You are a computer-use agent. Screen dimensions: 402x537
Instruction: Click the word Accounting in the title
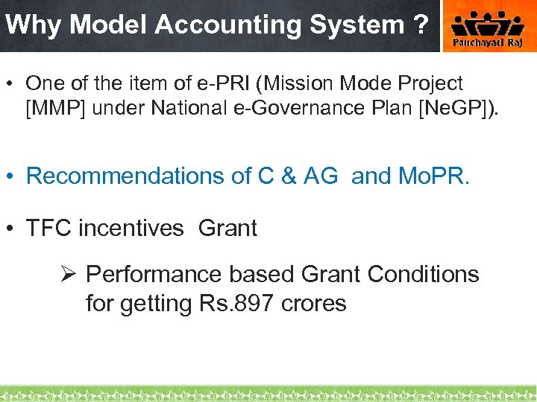click(x=227, y=25)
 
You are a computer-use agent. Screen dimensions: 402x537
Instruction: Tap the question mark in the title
click(x=418, y=25)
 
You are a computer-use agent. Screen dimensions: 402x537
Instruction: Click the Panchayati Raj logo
click(x=489, y=27)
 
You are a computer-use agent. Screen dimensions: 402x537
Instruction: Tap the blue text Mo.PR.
click(x=431, y=176)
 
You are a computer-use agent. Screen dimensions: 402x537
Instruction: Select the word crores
click(x=314, y=304)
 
